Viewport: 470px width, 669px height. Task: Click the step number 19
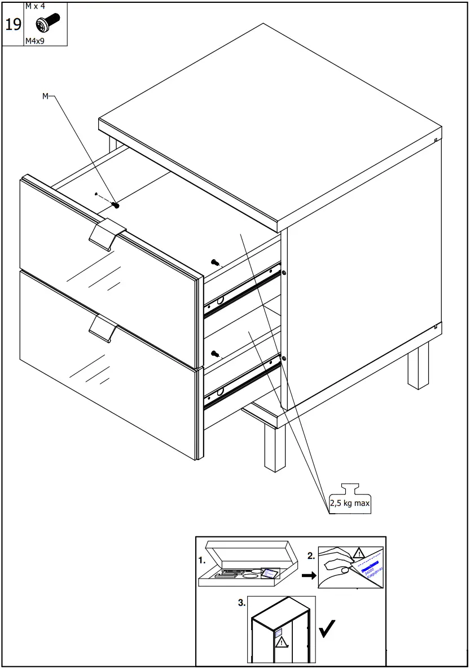pos(13,24)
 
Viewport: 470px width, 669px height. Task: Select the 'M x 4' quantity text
pos(36,6)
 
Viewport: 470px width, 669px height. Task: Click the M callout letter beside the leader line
pos(46,97)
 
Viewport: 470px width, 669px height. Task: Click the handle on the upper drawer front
pos(107,233)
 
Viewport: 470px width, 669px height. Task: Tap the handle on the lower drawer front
pos(103,327)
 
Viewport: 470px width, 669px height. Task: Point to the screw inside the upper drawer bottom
pos(116,205)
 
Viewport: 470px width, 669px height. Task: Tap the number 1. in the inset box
pos(202,561)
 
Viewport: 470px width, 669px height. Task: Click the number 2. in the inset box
pos(311,556)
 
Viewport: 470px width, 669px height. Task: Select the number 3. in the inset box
pos(241,603)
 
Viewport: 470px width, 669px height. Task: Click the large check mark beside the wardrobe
pos(327,628)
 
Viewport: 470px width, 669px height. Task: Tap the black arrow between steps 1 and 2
pos(307,576)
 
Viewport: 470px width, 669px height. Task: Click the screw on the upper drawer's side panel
pos(214,261)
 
